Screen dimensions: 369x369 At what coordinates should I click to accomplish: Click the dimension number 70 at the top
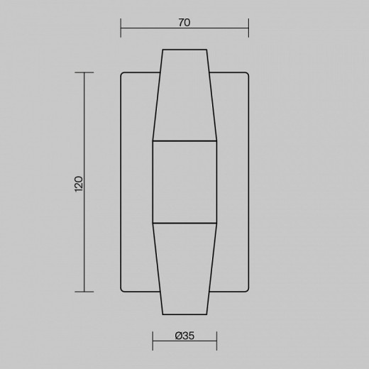[184, 23]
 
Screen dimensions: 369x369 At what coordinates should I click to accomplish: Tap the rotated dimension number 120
[79, 183]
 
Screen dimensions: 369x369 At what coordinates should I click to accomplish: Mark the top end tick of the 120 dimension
[84, 72]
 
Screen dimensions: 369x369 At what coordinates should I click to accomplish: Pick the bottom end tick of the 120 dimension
[84, 292]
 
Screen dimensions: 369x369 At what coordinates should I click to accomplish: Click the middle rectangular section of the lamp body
[184, 182]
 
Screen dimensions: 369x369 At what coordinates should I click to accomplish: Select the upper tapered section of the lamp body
[184, 96]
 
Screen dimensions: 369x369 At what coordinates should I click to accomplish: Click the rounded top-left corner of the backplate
[123, 75]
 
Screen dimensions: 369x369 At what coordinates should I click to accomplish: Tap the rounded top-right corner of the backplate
[246, 75]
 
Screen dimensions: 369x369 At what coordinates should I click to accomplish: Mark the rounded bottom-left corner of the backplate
[123, 290]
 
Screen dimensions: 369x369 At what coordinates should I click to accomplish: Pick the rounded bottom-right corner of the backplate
[246, 290]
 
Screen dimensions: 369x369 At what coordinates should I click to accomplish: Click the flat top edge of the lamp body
[184, 50]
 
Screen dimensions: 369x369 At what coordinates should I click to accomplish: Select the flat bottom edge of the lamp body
[184, 314]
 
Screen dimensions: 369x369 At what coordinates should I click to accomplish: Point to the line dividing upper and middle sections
[184, 141]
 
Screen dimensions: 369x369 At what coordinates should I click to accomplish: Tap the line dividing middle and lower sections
[184, 224]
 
